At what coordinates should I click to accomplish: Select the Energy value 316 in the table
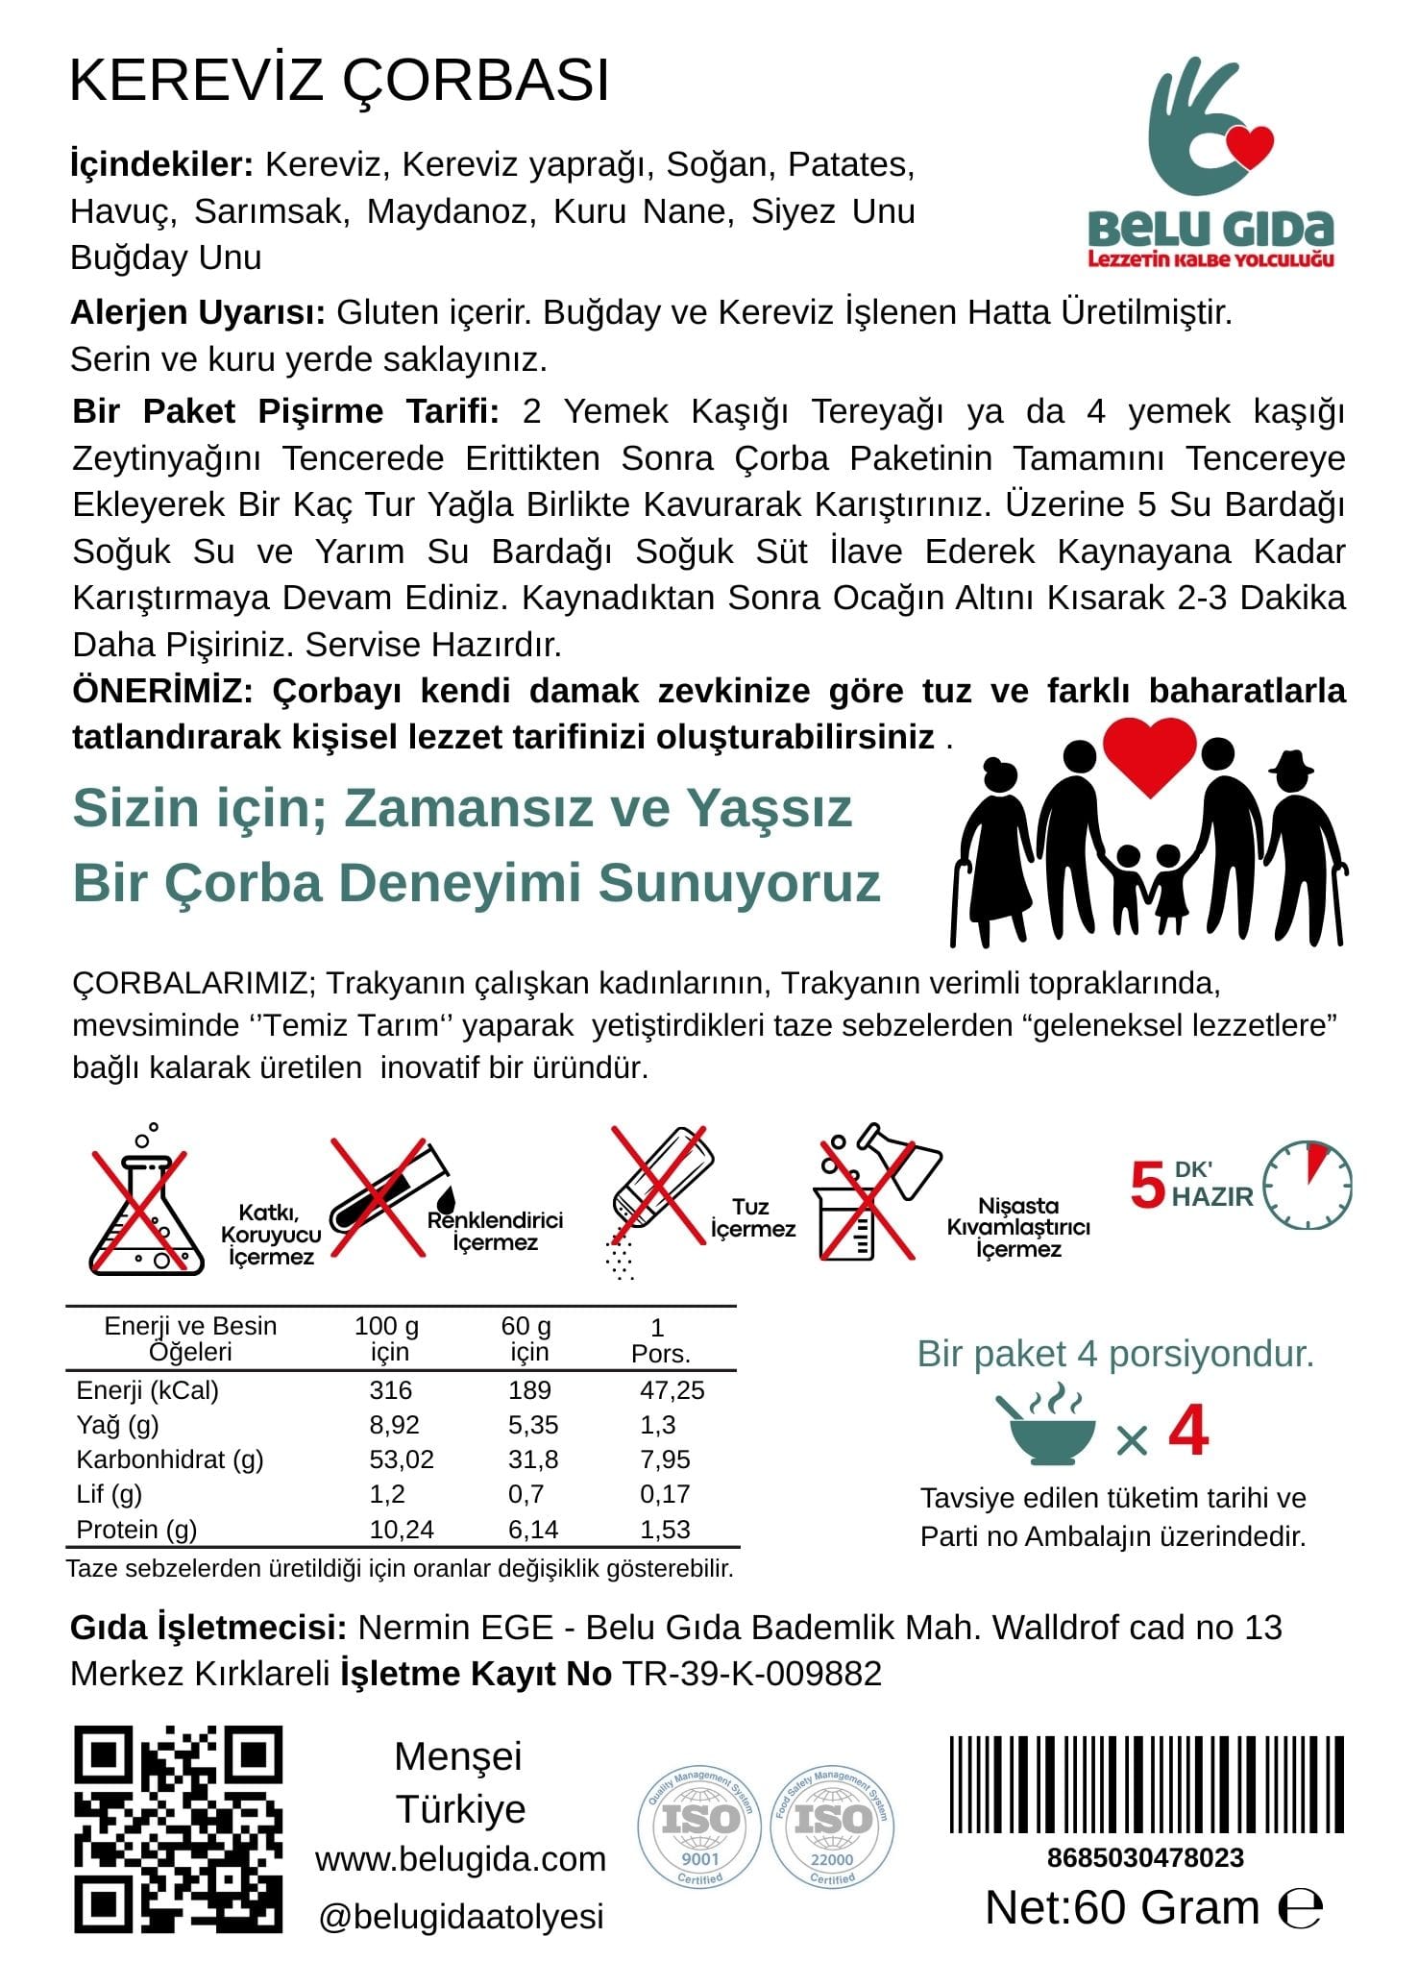point(390,1389)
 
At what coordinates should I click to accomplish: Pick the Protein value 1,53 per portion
point(665,1529)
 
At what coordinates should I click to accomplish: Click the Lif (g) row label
point(110,1494)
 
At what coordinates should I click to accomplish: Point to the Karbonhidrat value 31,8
point(532,1459)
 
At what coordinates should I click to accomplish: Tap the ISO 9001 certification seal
point(698,1827)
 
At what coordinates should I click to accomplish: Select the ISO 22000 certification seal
point(832,1827)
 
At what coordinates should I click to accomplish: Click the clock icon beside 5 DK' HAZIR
point(1307,1186)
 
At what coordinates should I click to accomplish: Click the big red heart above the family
point(1149,756)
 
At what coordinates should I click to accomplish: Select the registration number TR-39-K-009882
point(752,1673)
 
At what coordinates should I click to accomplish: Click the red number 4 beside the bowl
point(1188,1432)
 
